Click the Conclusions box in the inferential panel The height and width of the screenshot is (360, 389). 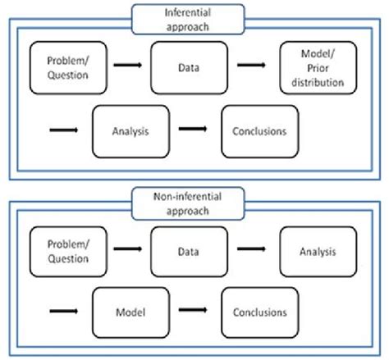point(259,129)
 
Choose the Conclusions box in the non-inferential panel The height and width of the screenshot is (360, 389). point(259,312)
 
